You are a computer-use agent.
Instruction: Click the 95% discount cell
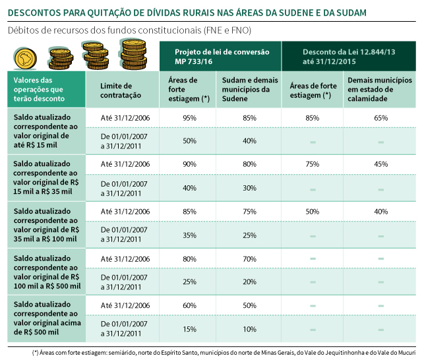click(189, 117)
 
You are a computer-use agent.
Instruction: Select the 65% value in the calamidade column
click(380, 117)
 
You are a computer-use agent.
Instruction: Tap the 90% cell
click(189, 164)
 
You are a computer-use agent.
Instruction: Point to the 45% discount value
click(380, 164)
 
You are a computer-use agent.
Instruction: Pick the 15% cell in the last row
click(189, 329)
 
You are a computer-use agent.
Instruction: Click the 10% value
click(249, 329)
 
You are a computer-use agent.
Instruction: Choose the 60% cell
click(189, 306)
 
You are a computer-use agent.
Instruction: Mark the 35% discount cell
click(189, 235)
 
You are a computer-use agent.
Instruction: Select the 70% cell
click(249, 258)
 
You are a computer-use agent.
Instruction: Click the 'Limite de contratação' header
click(121, 90)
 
